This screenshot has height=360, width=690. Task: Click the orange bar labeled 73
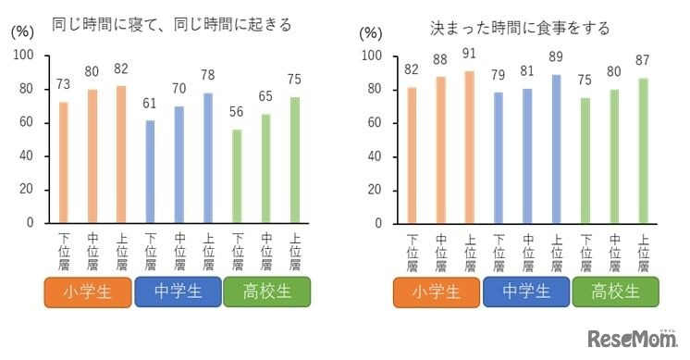pyautogui.click(x=63, y=162)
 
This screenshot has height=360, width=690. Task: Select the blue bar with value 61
pyautogui.click(x=151, y=171)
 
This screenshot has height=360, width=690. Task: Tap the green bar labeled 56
pyautogui.click(x=238, y=176)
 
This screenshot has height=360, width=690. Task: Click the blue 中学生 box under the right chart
pyautogui.click(x=526, y=292)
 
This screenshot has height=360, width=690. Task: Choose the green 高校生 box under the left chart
pyautogui.click(x=266, y=292)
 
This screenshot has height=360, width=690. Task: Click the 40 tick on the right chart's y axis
pyautogui.click(x=374, y=156)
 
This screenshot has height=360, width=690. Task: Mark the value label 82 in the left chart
pyautogui.click(x=121, y=68)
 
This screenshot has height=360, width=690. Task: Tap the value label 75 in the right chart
pyautogui.click(x=585, y=81)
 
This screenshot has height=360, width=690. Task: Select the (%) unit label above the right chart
pyautogui.click(x=370, y=32)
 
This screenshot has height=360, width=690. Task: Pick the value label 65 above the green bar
pyautogui.click(x=266, y=96)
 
